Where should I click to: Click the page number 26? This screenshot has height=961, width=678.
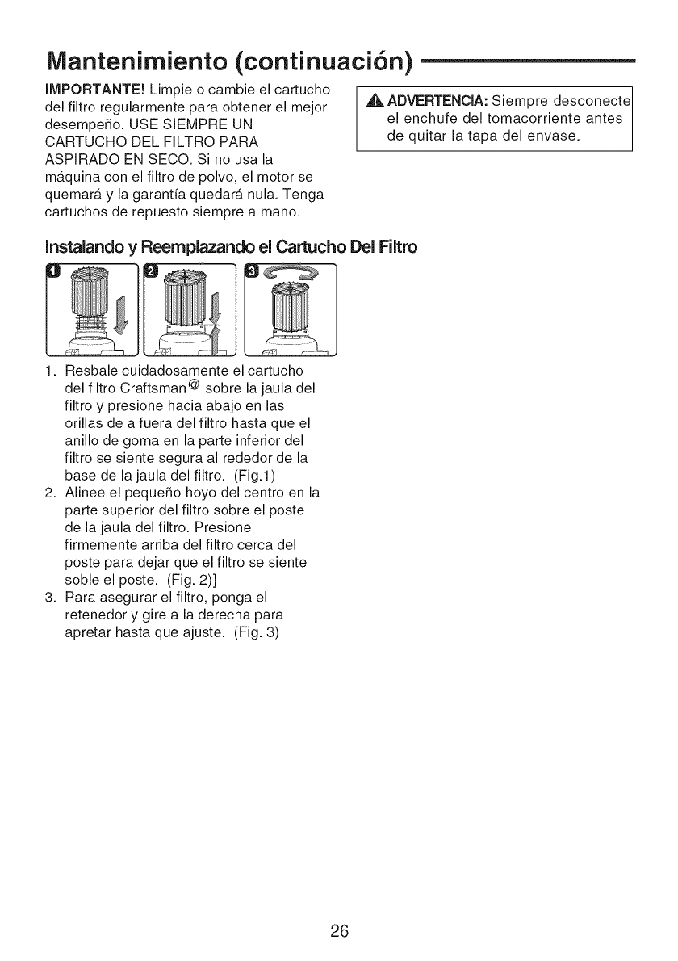coord(338,930)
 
